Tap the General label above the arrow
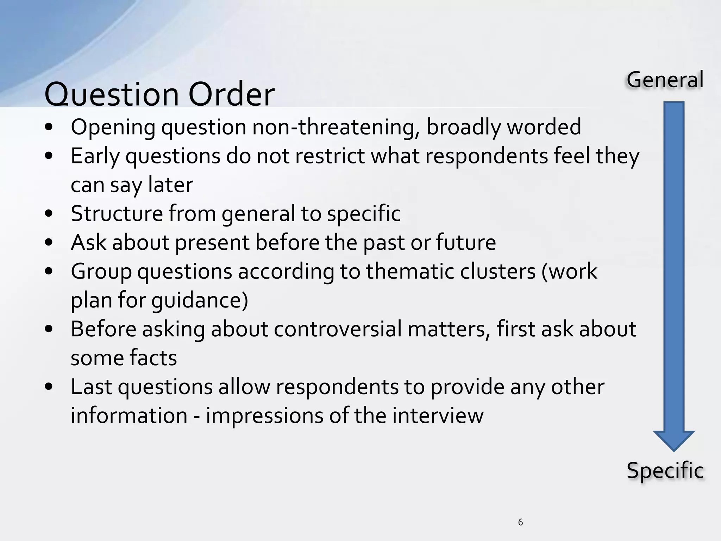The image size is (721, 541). [x=665, y=80]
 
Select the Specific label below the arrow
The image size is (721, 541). [x=665, y=471]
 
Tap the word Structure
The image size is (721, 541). [x=116, y=213]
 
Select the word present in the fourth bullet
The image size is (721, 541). [x=212, y=243]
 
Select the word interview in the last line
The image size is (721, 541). [x=438, y=416]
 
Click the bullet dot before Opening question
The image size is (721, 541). [x=49, y=128]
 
